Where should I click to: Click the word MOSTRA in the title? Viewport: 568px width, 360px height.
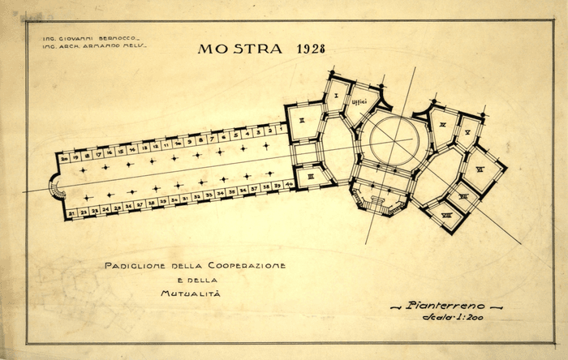(229, 49)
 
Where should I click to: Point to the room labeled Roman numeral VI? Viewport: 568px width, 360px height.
(480, 169)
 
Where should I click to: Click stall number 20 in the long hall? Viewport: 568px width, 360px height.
(63, 158)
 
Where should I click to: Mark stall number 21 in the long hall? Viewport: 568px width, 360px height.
(71, 213)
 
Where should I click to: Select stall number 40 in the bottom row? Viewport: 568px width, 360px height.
(289, 185)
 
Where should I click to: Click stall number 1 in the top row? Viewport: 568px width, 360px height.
(281, 128)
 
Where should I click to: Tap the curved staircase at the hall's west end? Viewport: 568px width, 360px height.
(56, 189)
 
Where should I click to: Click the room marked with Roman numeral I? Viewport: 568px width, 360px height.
(334, 96)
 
